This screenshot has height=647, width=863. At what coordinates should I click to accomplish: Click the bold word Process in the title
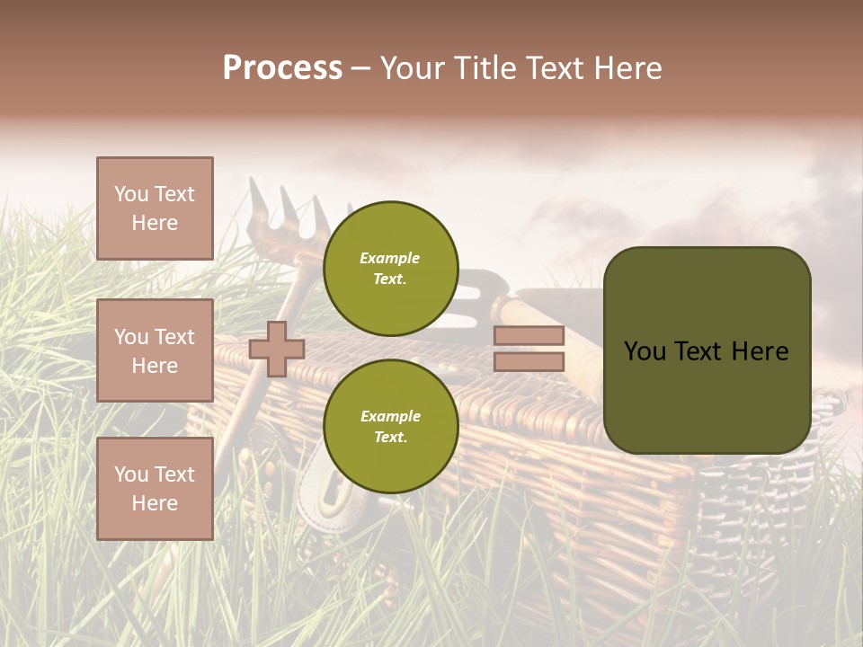pos(282,68)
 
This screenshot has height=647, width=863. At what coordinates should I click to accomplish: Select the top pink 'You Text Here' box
pos(155,208)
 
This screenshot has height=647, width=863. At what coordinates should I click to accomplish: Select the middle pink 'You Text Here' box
pos(155,350)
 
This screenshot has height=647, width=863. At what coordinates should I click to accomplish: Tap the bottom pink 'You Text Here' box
pos(155,489)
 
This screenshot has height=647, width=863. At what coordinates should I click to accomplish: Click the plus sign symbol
pos(277,349)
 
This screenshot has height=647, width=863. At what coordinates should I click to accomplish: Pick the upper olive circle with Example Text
pos(390,269)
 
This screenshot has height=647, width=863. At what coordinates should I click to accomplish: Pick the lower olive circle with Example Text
pos(390,427)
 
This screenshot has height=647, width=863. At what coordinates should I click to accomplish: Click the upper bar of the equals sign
pos(529,336)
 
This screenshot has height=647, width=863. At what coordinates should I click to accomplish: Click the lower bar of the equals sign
pos(529,362)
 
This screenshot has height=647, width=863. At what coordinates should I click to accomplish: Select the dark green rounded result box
pos(707,350)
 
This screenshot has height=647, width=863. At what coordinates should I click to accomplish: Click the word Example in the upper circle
pos(390,259)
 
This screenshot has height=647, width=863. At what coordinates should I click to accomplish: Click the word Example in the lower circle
pos(390,417)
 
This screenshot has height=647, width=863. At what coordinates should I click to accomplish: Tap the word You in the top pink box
pos(130,194)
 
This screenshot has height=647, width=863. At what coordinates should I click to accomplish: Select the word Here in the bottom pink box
pos(155,503)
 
